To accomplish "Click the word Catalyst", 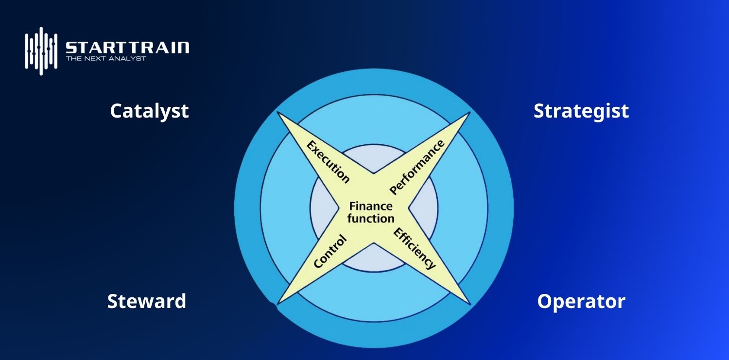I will coord(149,111).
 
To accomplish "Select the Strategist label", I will coord(581,111).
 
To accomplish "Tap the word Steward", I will coord(146,301).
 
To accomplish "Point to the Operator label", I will coord(581,302).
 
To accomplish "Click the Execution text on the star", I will coord(328,162).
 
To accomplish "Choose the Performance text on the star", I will coord(417,167).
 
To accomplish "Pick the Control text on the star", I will coord(330,251).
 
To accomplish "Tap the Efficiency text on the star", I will coord(414,248).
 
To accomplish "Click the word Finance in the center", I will coord(370,206).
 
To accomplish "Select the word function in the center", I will coord(370,219).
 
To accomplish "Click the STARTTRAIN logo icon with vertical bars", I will coord(41,51).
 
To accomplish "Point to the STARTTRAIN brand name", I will coord(127,48).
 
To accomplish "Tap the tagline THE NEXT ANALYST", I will coord(106,59).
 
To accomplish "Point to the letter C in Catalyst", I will coord(116,111).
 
